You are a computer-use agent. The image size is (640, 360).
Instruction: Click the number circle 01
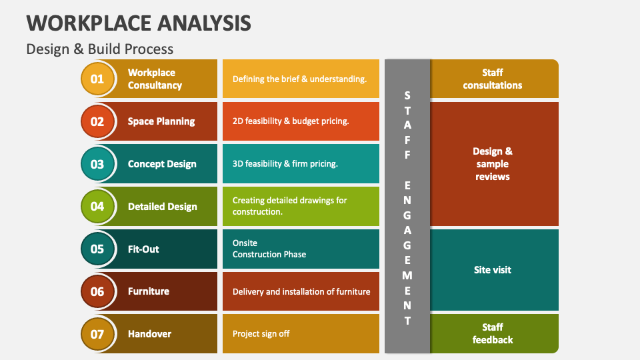point(97,79)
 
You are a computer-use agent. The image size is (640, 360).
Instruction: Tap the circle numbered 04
point(97,206)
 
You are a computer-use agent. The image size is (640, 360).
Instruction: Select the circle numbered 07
point(97,334)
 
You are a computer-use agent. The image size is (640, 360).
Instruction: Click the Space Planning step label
point(161,121)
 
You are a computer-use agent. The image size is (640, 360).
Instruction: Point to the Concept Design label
point(162,164)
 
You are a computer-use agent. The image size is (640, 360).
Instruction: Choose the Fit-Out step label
point(143,249)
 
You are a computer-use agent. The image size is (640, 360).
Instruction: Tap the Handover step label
point(149,334)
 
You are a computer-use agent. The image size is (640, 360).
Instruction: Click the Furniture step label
point(149,291)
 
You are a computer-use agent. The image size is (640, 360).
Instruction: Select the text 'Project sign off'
point(261,334)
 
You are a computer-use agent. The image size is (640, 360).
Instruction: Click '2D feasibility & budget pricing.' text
point(291,121)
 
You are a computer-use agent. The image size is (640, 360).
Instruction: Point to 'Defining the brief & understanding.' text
point(299,79)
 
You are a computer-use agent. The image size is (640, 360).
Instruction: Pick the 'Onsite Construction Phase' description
point(269,249)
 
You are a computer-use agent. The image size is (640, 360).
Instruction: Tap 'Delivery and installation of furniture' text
point(301,291)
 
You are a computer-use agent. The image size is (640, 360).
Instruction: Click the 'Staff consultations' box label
point(493,79)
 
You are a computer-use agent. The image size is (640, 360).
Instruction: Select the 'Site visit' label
point(493,270)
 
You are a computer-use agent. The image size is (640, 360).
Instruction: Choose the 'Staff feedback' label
point(493,333)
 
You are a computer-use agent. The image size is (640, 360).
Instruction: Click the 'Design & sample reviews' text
point(493,164)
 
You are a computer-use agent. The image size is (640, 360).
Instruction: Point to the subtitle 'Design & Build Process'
point(100,49)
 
